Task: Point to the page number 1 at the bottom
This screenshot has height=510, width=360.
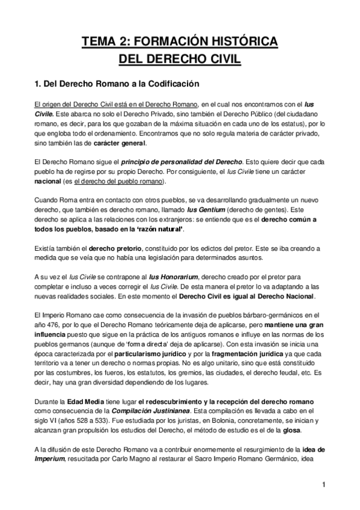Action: [323, 485]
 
